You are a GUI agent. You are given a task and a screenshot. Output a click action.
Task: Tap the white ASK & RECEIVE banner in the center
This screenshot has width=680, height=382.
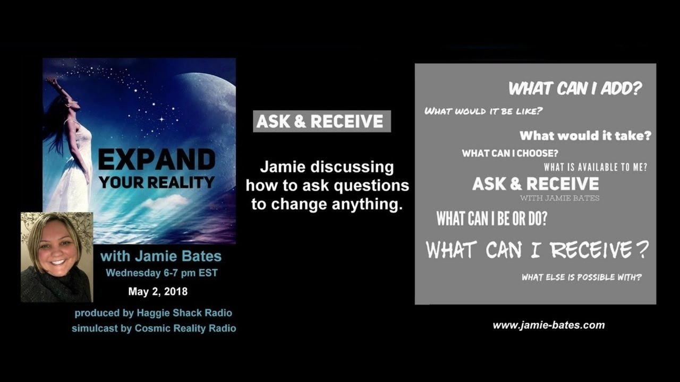tap(321, 121)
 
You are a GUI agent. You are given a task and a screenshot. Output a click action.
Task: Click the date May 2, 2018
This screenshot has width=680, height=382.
tap(157, 291)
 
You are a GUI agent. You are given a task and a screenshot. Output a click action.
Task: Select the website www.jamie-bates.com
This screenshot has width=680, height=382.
tap(548, 325)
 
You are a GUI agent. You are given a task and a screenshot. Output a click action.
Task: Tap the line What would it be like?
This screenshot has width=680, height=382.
tap(483, 111)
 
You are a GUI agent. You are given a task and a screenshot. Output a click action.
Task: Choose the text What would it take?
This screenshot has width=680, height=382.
tap(585, 135)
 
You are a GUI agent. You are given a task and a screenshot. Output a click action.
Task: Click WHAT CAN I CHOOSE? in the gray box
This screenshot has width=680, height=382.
tap(510, 153)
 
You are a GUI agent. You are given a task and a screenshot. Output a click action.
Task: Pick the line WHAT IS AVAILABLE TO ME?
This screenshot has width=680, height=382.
tap(595, 167)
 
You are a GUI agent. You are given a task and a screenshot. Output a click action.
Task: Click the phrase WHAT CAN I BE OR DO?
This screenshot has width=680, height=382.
tap(491, 219)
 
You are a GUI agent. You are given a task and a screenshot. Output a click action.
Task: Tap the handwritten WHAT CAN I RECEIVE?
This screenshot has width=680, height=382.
tap(537, 249)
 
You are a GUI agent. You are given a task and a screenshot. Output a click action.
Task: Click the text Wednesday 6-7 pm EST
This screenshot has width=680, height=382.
tap(161, 273)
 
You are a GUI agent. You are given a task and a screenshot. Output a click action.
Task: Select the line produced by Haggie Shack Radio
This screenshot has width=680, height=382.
tap(153, 313)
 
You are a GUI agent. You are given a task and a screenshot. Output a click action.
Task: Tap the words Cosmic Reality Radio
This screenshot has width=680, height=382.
tap(185, 328)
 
